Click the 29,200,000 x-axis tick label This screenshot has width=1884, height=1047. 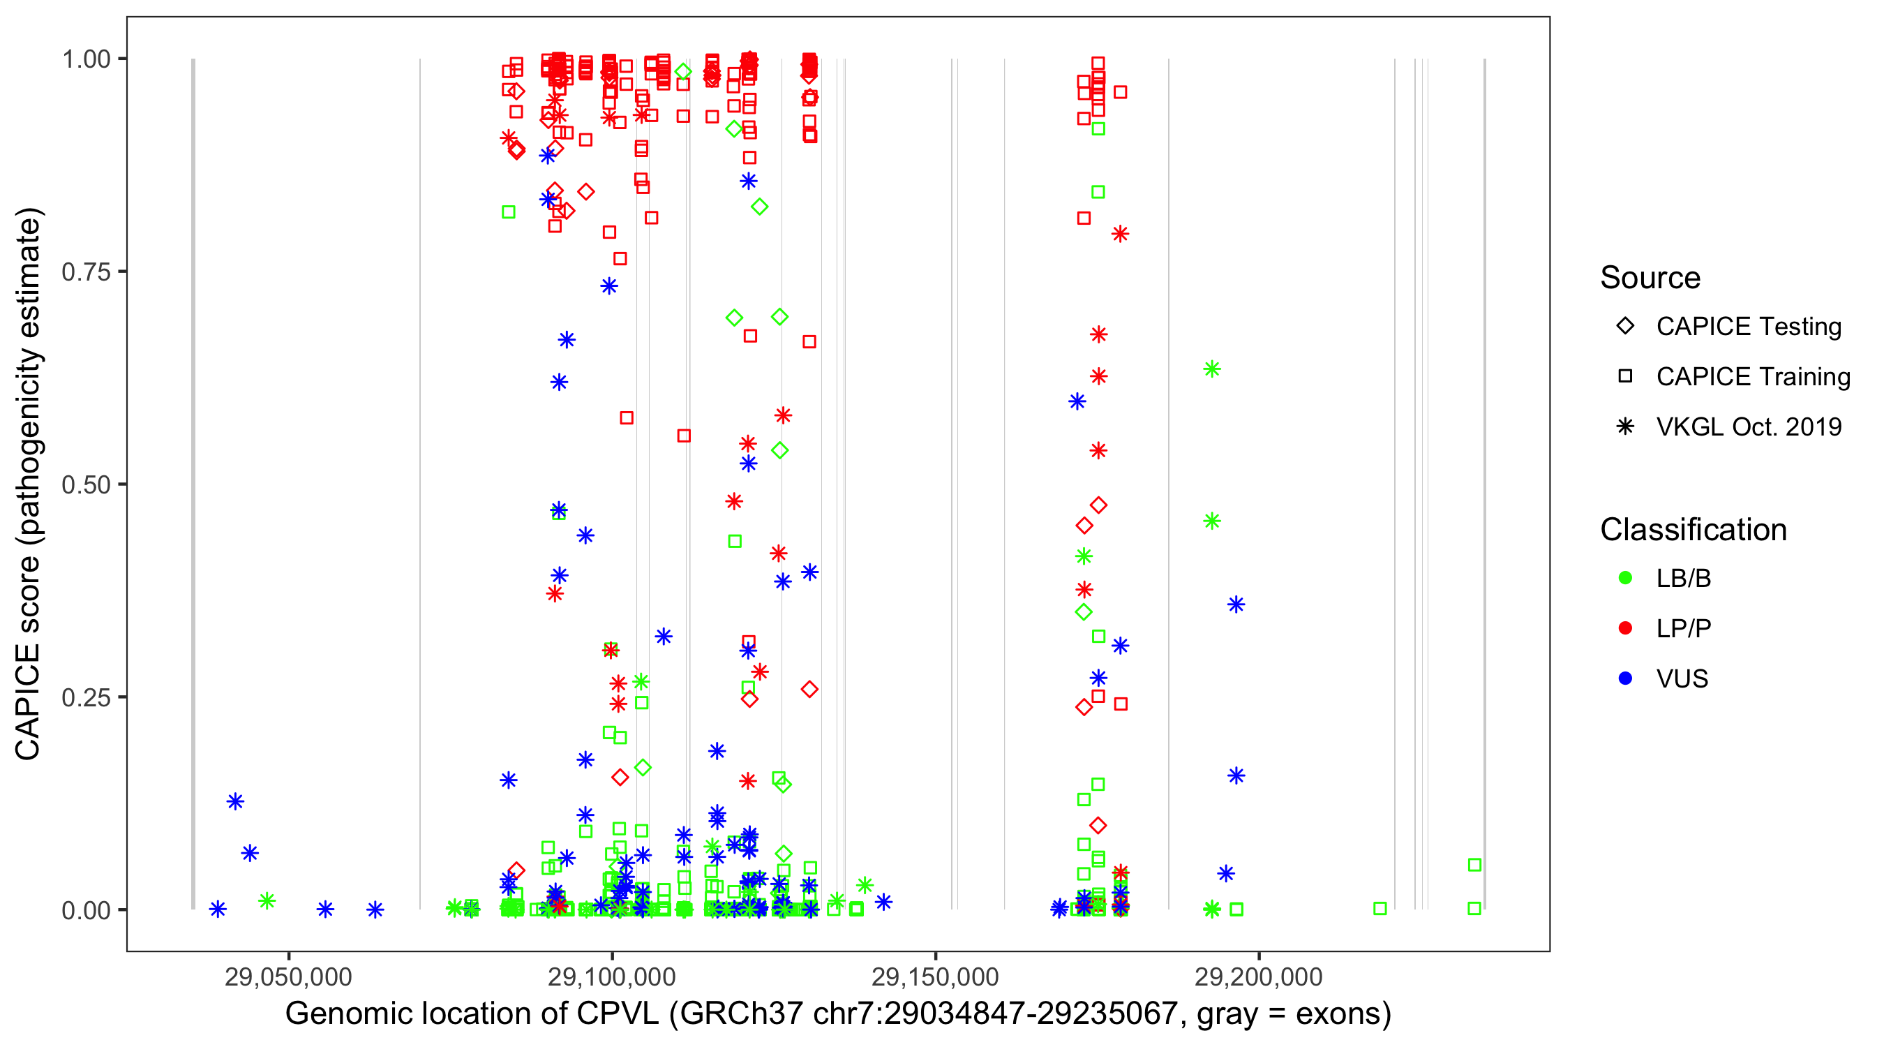[1258, 977]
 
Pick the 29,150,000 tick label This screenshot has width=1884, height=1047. [935, 977]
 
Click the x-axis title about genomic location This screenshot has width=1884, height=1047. [837, 1014]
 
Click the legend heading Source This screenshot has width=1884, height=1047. [1650, 278]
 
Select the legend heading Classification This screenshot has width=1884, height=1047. [1693, 530]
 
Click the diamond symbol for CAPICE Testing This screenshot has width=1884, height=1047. [1625, 327]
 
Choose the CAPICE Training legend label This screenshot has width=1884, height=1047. [1753, 377]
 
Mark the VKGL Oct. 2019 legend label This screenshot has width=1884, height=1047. [1749, 427]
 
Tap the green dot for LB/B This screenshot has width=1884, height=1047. [1625, 578]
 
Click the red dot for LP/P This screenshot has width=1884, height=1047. [1625, 628]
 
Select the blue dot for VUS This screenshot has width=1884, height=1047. [1625, 679]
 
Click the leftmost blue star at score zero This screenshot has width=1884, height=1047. [217, 909]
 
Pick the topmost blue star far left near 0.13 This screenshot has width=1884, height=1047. [234, 802]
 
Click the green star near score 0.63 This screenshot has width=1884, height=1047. [1212, 369]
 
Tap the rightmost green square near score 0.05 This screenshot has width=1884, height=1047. [1474, 866]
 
